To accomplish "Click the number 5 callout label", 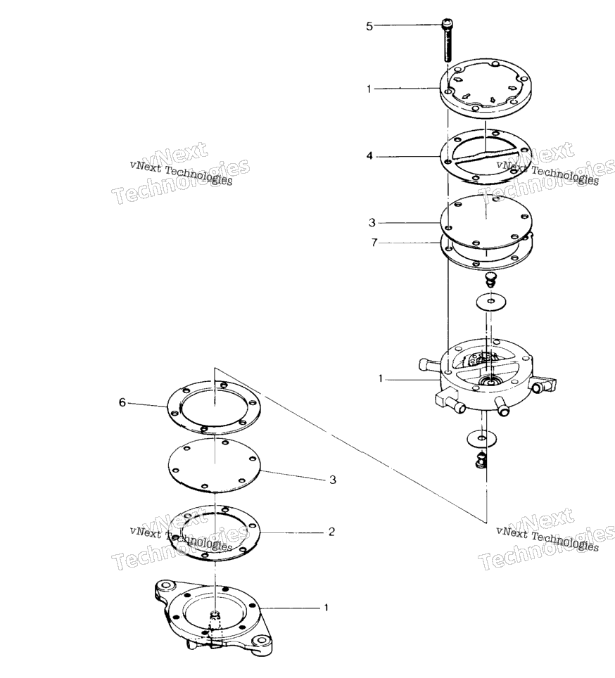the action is [369, 27].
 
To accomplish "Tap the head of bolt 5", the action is [447, 24].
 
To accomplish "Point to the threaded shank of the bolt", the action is [448, 45].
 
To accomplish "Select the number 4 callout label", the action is [369, 155].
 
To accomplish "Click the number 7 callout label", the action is [374, 243].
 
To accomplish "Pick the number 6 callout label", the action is [122, 402].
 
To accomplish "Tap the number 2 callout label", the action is [331, 532].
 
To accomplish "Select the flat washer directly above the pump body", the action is [491, 302].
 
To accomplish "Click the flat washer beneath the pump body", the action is [482, 439].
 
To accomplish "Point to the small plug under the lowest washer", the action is [480, 461].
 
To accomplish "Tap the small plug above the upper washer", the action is [490, 279].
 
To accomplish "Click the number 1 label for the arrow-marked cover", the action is [369, 89].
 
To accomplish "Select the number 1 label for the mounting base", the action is [326, 608].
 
